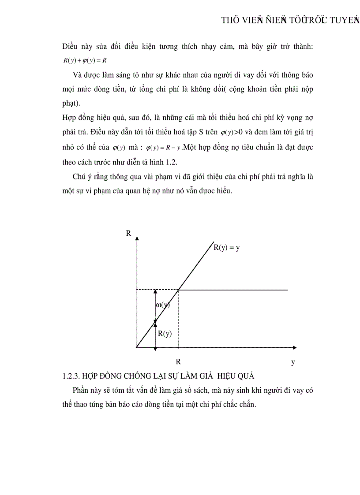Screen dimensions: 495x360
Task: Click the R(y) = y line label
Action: pyautogui.click(x=226, y=248)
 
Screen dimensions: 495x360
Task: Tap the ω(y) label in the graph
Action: pyautogui.click(x=163, y=305)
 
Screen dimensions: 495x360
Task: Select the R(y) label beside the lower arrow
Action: pyautogui.click(x=165, y=334)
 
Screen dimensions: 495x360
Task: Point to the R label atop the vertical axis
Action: pyautogui.click(x=128, y=233)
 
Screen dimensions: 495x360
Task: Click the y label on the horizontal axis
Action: pyautogui.click(x=292, y=362)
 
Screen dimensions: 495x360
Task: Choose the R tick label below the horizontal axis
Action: pyautogui.click(x=178, y=362)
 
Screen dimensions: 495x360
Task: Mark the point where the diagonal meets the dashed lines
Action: pyautogui.click(x=178, y=290)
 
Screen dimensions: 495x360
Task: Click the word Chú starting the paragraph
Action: pyautogui.click(x=79, y=177)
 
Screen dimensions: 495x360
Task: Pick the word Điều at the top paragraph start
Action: pyautogui.click(x=71, y=47)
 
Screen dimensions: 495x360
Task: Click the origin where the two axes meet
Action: pyautogui.click(x=137, y=347)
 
